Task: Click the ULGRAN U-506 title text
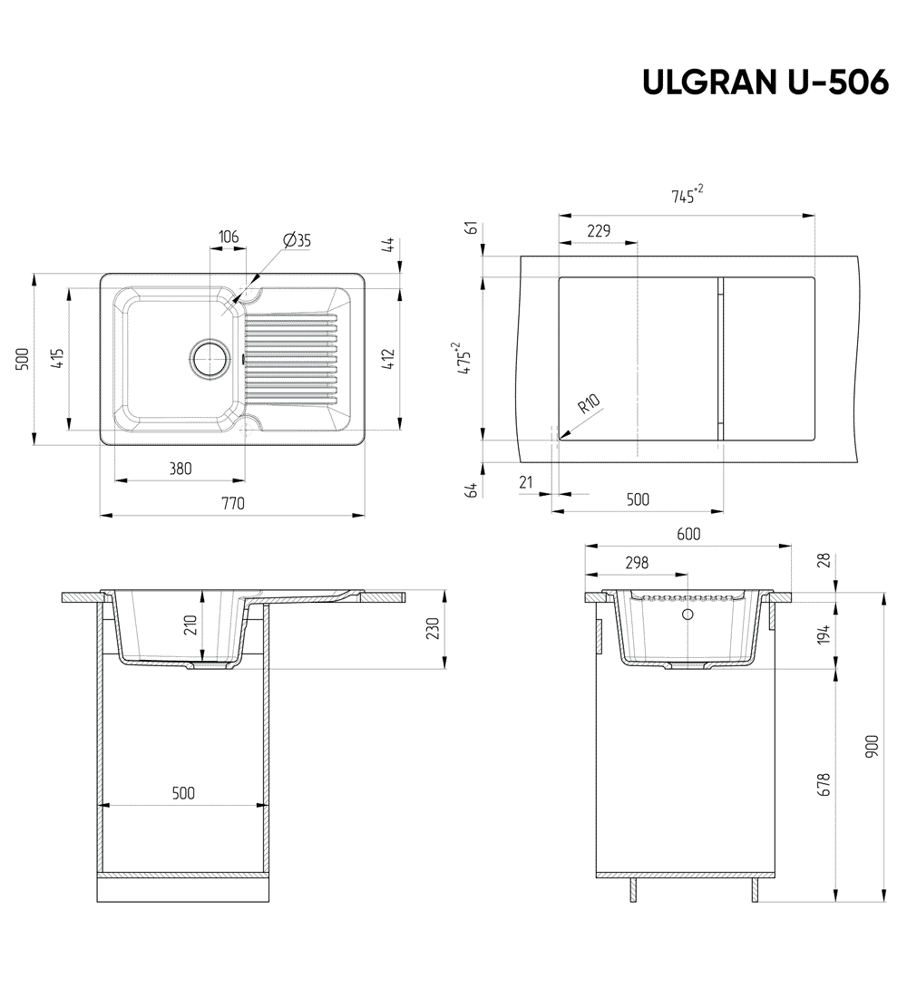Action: click(765, 82)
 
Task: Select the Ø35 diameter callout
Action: click(297, 240)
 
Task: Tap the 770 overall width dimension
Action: click(233, 504)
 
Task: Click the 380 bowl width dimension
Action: click(180, 469)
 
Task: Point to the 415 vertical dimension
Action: click(56, 359)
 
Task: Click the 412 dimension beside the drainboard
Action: click(388, 359)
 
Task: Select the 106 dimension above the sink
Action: click(229, 237)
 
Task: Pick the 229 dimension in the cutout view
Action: click(599, 231)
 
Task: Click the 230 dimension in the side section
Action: click(433, 628)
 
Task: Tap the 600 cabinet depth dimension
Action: click(688, 535)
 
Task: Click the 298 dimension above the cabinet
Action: click(637, 563)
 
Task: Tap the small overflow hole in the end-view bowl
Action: click(687, 615)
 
